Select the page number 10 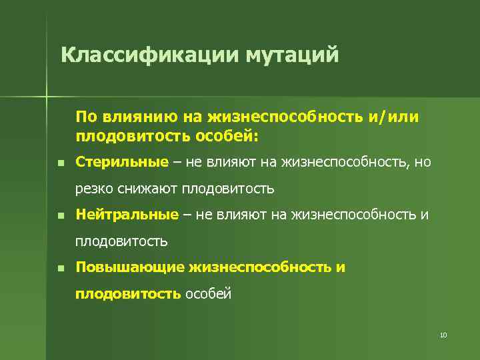tap(443, 335)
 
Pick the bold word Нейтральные tap(127, 215)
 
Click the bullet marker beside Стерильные tap(60, 163)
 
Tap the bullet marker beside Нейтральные tap(60, 216)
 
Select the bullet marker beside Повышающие tap(60, 269)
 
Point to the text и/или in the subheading tap(393, 117)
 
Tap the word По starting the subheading tap(86, 117)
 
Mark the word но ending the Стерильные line tap(423, 162)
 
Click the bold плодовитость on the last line tap(127, 293)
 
